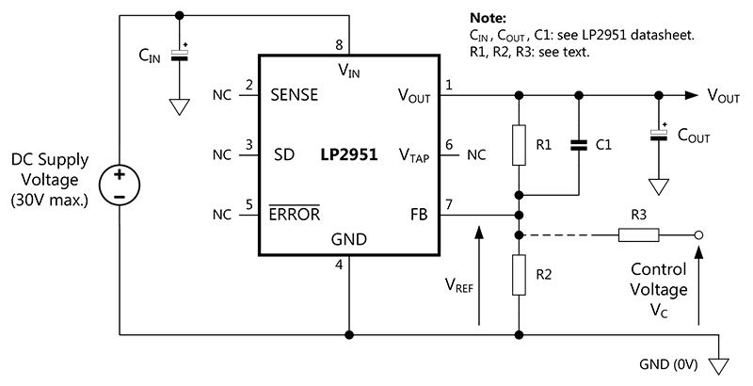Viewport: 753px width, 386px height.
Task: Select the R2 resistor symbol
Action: click(x=519, y=275)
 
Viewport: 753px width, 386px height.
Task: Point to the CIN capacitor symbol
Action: click(x=180, y=55)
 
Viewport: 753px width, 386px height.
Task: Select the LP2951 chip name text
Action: click(x=347, y=155)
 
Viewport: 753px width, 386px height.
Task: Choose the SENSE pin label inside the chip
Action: click(x=294, y=96)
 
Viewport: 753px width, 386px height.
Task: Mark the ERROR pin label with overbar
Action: click(x=294, y=215)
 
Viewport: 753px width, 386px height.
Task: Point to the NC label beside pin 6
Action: click(x=476, y=155)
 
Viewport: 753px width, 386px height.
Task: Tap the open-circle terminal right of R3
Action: click(x=697, y=236)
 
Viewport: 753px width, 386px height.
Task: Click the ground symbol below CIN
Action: click(x=180, y=106)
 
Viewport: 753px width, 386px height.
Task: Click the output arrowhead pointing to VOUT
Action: click(x=694, y=95)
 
